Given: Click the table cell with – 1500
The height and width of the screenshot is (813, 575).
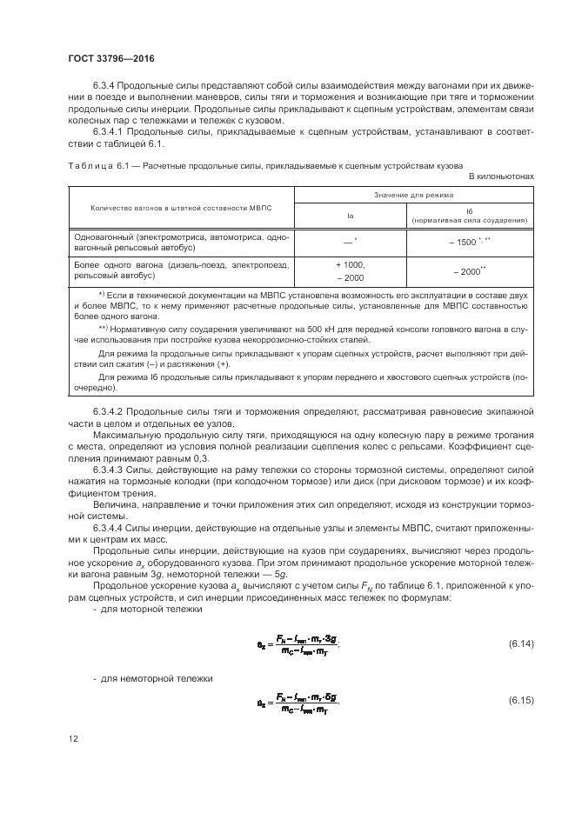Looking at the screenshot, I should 469,241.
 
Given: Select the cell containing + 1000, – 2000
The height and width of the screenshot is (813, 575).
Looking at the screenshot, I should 349,270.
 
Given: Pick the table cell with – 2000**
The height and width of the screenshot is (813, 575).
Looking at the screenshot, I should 469,271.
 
